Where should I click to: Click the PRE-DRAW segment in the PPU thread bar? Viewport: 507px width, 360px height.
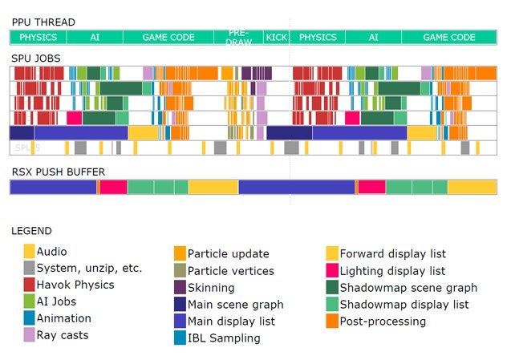coord(237,37)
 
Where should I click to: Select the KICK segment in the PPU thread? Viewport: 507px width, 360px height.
coord(277,37)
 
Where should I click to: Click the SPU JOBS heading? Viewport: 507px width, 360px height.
coord(35,59)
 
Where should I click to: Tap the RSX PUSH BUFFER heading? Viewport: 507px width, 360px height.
coord(58,172)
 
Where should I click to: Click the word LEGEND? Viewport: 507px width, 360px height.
coord(31,231)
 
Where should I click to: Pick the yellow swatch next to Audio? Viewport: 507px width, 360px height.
coord(30,252)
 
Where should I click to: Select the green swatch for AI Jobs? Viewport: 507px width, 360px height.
coord(30,301)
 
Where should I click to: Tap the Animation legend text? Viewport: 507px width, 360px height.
coord(64,318)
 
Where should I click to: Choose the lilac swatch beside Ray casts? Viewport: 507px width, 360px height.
coord(30,335)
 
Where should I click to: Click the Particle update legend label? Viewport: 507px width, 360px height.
coord(229,254)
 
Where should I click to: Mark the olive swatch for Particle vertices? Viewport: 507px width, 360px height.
coord(180,271)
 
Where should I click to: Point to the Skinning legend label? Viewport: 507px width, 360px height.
coord(211,288)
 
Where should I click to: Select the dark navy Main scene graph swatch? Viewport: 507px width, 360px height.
coord(180,305)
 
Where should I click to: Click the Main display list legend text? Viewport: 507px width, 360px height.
coord(233,322)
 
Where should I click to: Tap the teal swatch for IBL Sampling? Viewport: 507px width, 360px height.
coord(180,338)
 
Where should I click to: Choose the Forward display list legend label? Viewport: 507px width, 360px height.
coord(393,254)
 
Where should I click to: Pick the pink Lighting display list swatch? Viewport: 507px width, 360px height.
coord(331,271)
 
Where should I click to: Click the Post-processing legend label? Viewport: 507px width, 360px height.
coord(383,322)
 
